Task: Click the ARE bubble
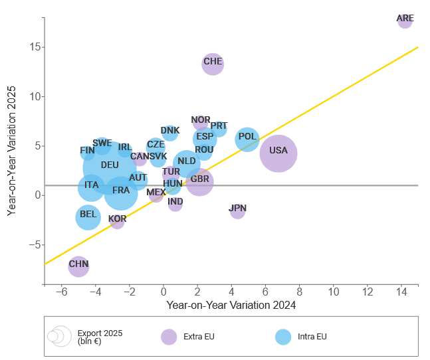click(405, 20)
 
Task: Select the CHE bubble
click(212, 64)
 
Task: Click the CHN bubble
click(78, 266)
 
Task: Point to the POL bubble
click(247, 139)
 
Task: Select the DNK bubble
click(170, 132)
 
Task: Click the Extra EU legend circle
click(169, 337)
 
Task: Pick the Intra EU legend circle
click(284, 337)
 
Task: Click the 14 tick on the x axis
click(401, 292)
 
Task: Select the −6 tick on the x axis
click(61, 292)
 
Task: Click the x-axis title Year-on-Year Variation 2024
click(231, 306)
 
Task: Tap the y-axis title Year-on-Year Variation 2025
click(11, 151)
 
